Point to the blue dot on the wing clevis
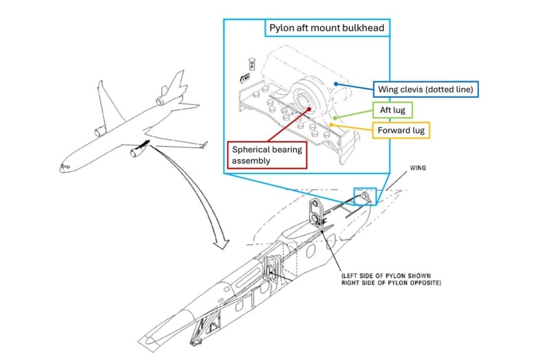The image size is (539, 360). (x=336, y=84)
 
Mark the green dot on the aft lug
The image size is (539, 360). (x=335, y=118)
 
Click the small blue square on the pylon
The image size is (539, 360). (x=363, y=196)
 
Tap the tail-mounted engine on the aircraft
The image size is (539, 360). (x=164, y=100)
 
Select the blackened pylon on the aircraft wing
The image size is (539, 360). (x=144, y=145)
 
